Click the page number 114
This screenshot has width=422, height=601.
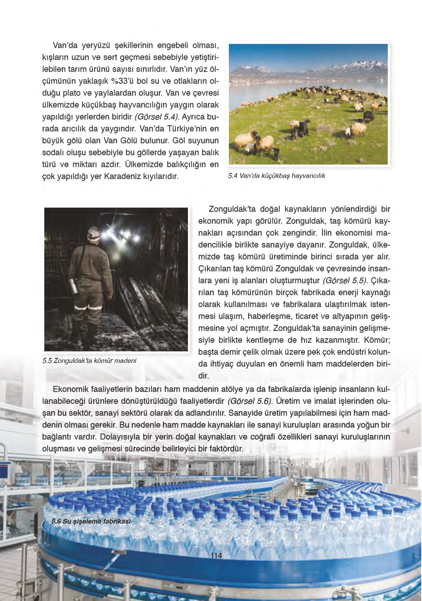coord(216,555)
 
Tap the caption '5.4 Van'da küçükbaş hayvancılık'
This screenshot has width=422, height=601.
coord(276,176)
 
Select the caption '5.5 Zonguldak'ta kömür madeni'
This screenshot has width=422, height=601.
coord(89,360)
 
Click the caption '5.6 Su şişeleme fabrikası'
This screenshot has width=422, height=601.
coord(91,521)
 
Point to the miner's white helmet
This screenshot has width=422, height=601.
coord(93,233)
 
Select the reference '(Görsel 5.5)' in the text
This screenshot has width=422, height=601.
coord(345,280)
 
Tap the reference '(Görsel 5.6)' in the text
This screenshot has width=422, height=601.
coord(250,401)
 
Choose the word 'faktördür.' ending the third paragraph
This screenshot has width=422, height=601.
coord(224,449)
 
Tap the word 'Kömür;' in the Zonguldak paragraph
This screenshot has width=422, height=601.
coord(377,340)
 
